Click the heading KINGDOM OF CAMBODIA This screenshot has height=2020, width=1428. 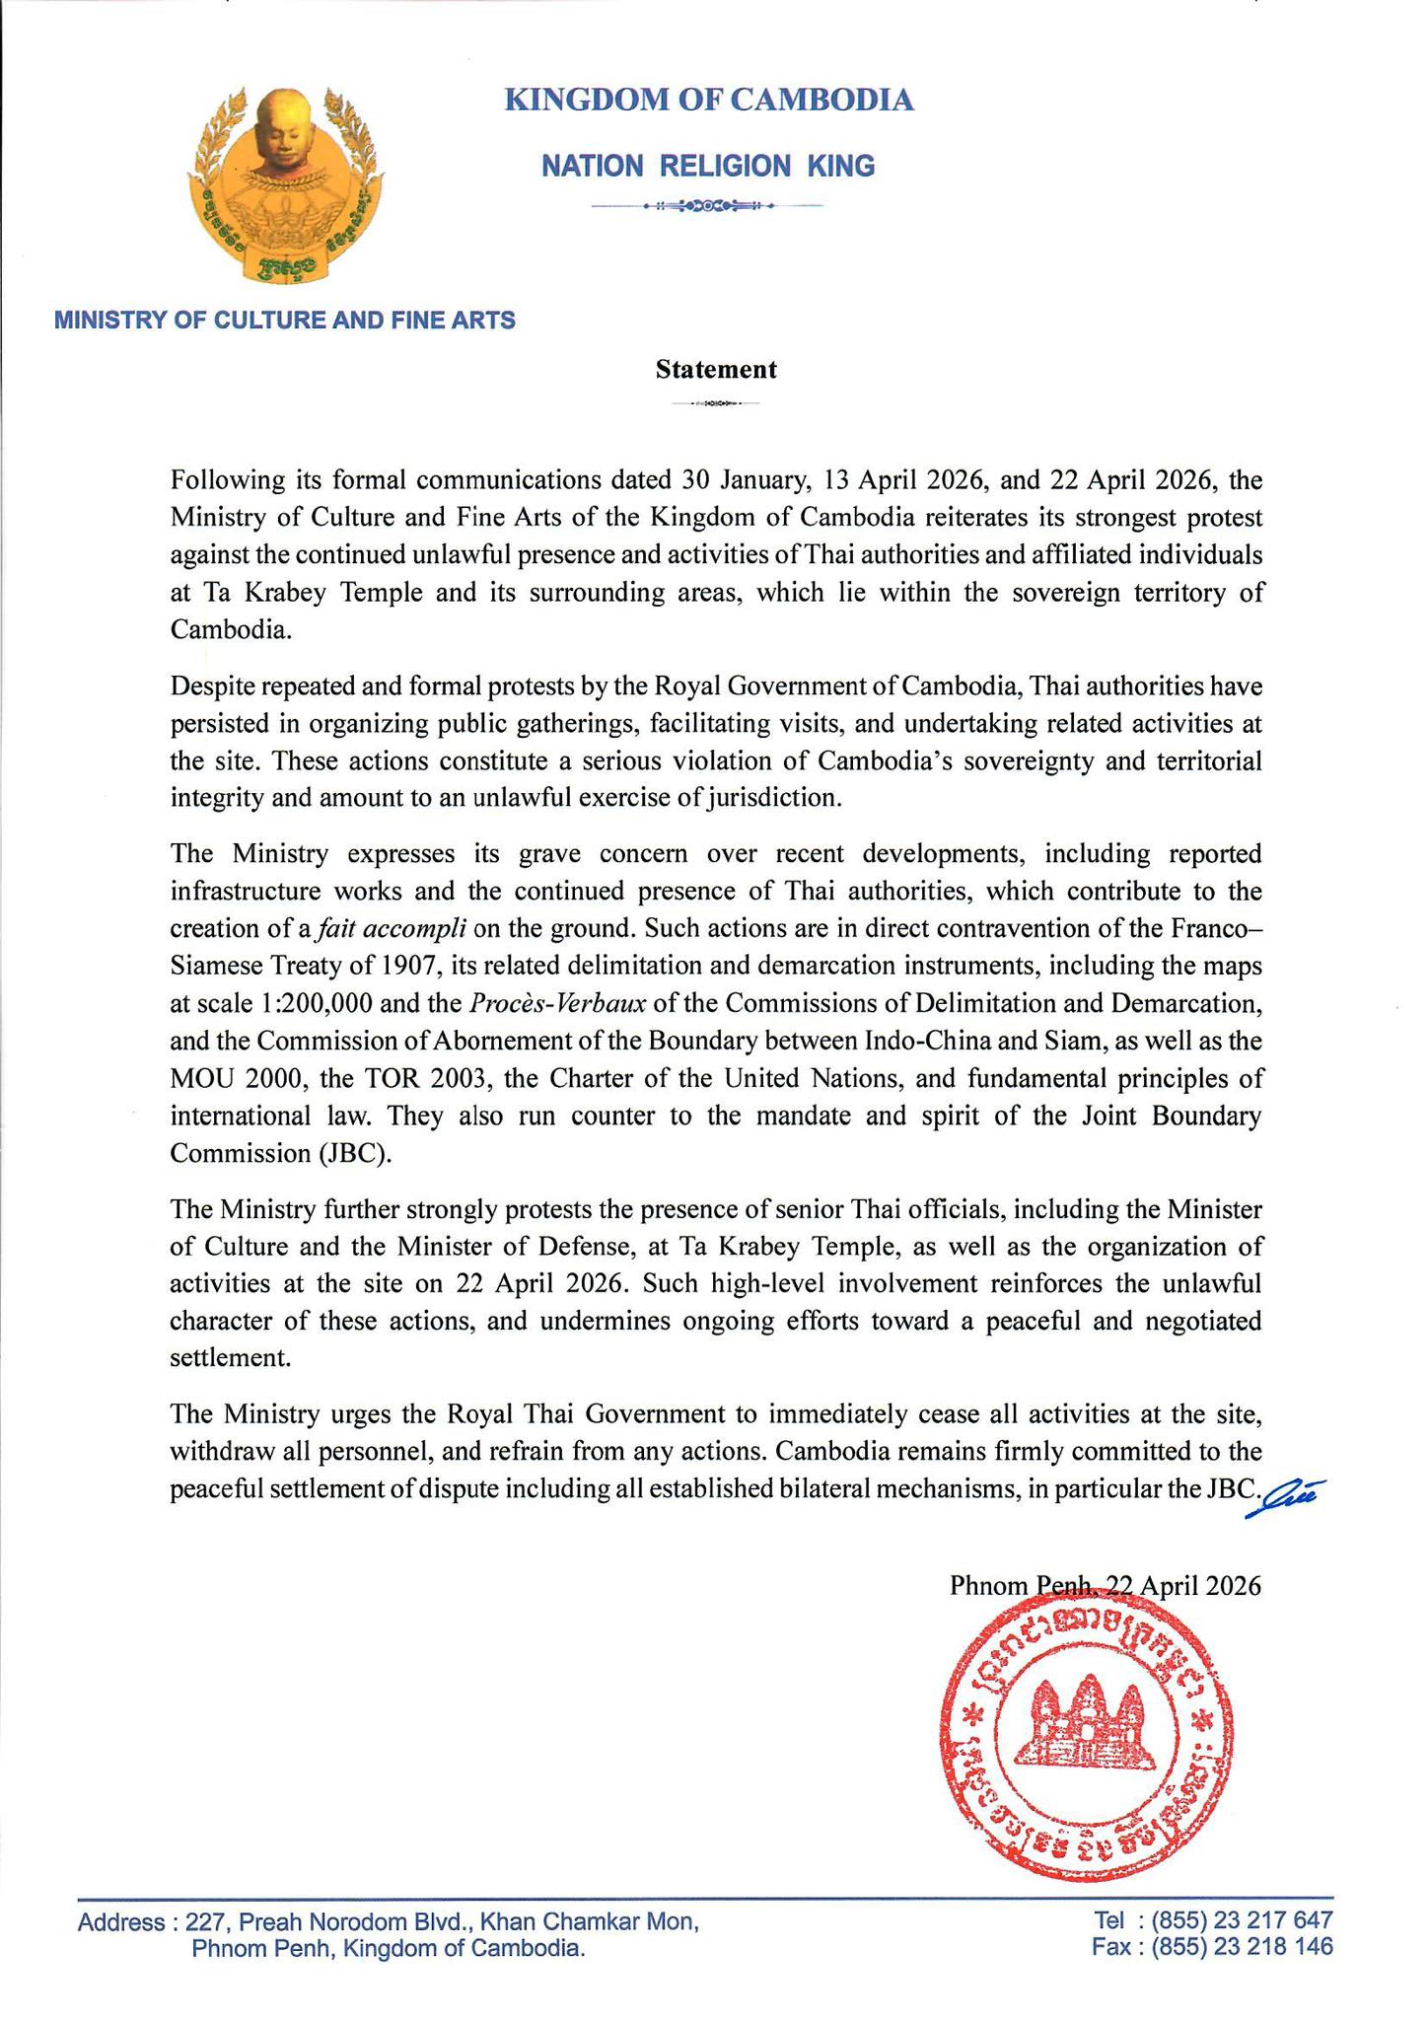[708, 100]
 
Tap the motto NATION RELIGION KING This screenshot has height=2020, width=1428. [708, 166]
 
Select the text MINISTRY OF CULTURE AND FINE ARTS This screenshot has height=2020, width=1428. [284, 320]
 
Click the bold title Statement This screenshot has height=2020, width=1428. [716, 370]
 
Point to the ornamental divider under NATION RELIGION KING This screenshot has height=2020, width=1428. [706, 206]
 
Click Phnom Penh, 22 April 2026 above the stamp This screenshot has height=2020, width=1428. [1105, 1585]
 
